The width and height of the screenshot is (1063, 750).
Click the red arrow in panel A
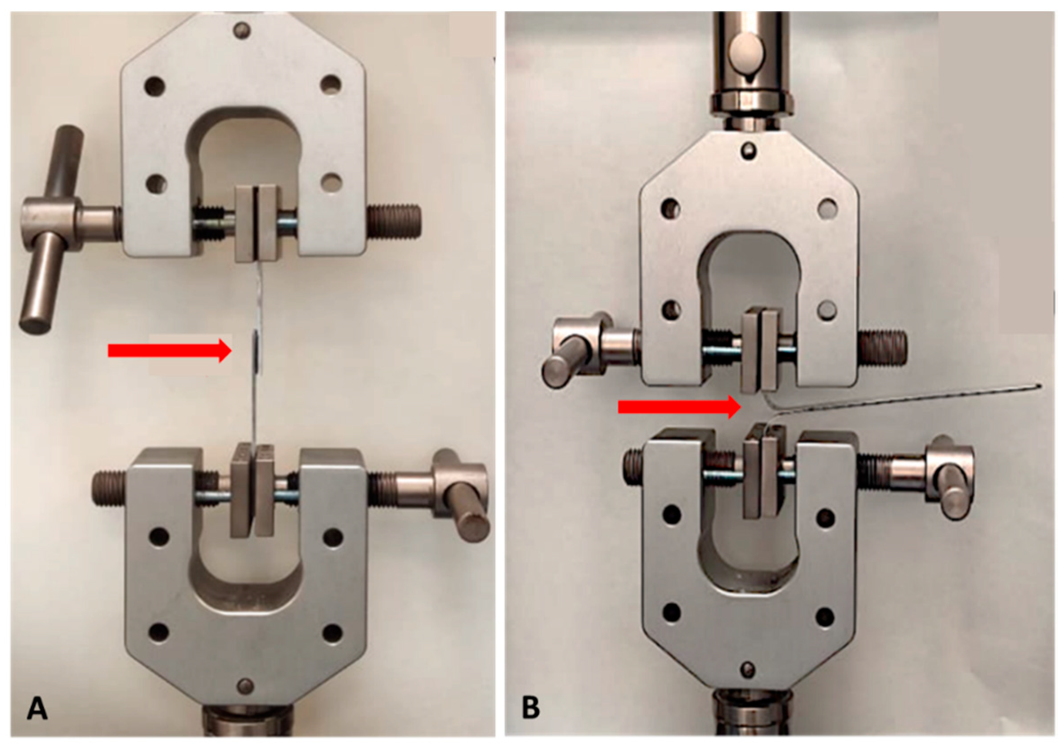[x=170, y=351]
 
